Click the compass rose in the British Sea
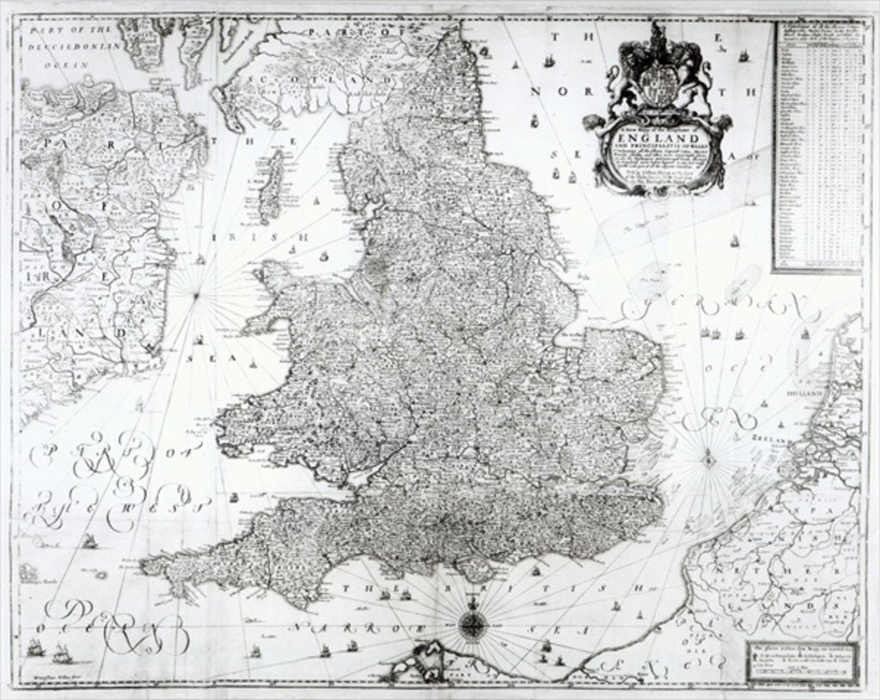point(471,625)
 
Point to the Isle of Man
point(272,185)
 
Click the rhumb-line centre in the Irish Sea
point(197,297)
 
